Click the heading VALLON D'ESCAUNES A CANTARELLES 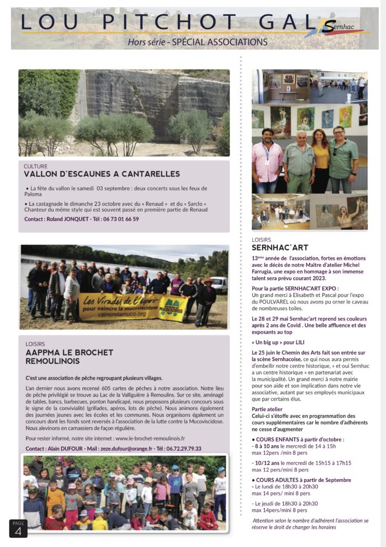[102, 174]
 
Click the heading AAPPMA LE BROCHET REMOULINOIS [70, 357]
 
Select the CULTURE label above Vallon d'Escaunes [36, 166]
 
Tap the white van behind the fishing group [219, 284]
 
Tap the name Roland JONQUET [71, 219]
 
